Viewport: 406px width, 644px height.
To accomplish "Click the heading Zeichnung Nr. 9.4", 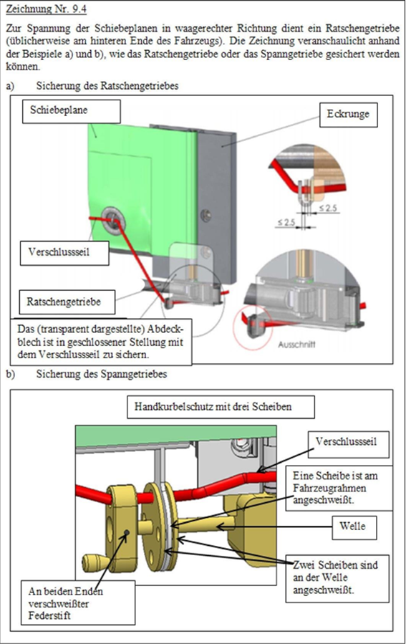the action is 47,9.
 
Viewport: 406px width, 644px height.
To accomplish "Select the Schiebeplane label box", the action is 72,111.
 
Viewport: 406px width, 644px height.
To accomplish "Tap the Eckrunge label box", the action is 348,115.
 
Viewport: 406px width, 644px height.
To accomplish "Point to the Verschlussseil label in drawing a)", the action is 64,253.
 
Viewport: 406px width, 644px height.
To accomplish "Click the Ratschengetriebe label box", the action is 67,302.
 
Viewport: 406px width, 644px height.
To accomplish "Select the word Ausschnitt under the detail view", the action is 296,344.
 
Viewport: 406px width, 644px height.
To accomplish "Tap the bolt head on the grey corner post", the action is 206,214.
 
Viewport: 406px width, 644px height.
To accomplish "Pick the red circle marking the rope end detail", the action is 253,327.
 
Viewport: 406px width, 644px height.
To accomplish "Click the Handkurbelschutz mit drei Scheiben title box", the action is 221,407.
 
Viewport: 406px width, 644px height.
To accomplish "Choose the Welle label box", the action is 354,527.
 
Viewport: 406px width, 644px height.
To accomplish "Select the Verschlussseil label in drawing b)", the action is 349,444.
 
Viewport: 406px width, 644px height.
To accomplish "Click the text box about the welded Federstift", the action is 78,602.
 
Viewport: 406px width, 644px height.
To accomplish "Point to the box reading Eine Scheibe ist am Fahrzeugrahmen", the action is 337,489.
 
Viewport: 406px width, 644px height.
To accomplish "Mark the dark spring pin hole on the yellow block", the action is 127,532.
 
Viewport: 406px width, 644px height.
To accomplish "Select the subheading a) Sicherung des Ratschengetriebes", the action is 92,86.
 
